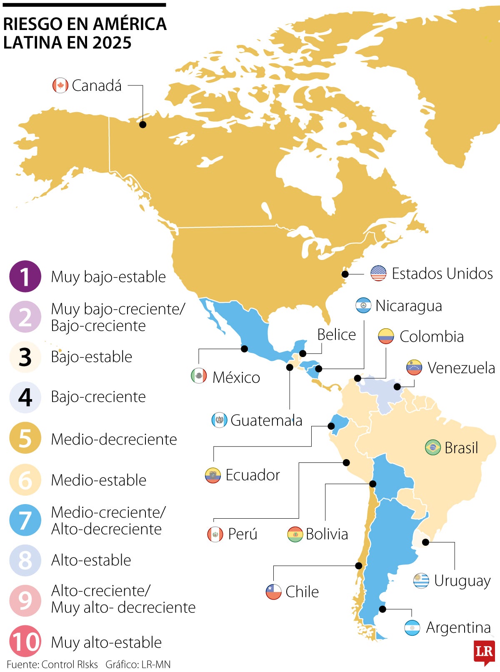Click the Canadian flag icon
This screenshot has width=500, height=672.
point(60,85)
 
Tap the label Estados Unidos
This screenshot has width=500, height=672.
point(442,274)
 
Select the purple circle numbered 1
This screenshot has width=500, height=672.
point(25,277)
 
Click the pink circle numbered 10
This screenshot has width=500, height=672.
point(25,642)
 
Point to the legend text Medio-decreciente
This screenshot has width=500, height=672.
point(114,439)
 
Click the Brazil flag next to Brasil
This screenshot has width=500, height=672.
point(432,448)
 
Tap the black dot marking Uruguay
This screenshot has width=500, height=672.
point(425,542)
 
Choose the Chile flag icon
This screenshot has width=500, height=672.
point(273,592)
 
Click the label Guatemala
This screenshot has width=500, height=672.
point(266,420)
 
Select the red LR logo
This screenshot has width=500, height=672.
point(484,652)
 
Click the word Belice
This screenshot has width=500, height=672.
point(336,335)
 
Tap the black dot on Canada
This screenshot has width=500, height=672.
point(142,125)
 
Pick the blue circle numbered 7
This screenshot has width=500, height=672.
point(25,520)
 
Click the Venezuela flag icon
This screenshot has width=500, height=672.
point(414,367)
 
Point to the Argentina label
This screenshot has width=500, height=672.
point(458,627)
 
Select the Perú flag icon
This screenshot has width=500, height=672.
point(215,534)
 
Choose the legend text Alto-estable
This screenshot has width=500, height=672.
point(91,560)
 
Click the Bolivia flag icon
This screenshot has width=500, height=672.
point(295,534)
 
